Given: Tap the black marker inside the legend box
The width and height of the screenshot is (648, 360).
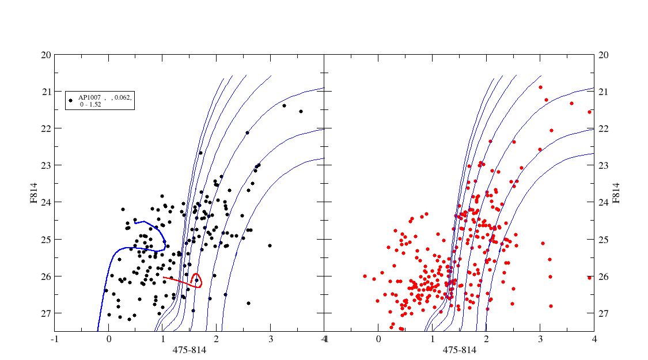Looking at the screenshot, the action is click(71, 100).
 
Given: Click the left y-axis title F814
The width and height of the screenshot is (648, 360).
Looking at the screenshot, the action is click(33, 192).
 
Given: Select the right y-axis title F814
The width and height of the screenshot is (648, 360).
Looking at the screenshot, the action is click(616, 193).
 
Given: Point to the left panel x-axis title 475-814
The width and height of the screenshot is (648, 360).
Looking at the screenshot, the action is click(190, 350).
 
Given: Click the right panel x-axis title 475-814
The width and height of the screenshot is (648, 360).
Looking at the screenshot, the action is click(459, 350).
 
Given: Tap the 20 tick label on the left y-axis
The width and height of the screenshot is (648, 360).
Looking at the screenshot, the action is click(46, 55).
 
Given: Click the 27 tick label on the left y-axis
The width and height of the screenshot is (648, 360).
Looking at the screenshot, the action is click(46, 313).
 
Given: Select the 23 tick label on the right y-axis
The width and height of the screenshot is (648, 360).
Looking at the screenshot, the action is click(604, 165).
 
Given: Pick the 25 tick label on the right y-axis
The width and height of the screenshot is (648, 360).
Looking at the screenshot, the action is click(604, 240).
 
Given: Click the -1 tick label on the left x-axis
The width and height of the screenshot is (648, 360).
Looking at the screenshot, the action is click(54, 339).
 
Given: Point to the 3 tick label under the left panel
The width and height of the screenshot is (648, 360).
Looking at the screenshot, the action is click(271, 339).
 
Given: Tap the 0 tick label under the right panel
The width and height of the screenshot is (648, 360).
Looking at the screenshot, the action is click(378, 339).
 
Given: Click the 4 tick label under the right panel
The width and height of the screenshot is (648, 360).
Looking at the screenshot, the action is click(594, 339).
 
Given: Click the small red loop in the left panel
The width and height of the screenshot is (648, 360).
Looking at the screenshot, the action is click(197, 281).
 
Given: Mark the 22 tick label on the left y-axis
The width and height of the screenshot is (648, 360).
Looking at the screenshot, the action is click(46, 128).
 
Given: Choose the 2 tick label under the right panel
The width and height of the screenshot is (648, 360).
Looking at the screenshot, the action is click(486, 339).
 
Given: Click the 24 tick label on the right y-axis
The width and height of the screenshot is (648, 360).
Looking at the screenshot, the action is click(604, 203).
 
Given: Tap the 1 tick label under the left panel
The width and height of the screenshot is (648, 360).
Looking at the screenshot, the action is click(163, 339).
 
